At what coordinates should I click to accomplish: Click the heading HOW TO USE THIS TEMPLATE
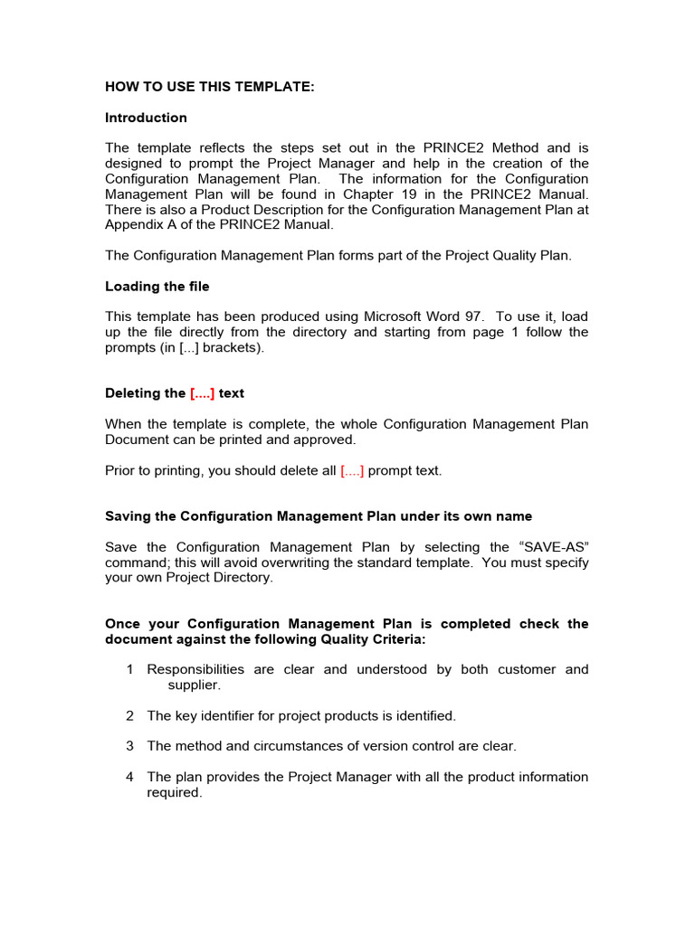210,87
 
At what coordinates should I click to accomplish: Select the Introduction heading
146,118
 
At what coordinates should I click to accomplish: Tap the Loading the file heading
157,287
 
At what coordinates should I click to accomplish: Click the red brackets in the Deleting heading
203,393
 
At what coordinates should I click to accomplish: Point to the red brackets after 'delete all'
352,470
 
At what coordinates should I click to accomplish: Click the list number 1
129,670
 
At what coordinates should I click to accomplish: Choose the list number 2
129,716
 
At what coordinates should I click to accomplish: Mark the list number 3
129,746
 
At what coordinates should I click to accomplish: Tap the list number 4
129,777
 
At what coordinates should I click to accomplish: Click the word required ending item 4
174,792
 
